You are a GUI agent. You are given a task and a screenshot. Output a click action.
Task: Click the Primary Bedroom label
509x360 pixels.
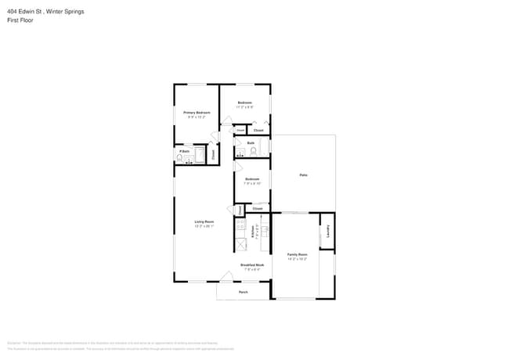point(197,113)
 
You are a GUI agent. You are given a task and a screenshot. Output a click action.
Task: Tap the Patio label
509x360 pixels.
point(303,175)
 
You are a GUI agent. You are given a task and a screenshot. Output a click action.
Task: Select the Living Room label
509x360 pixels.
point(204,223)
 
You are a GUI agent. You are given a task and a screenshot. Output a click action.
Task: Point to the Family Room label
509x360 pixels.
point(298,255)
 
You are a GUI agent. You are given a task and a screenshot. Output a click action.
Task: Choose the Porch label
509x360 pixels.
point(243,292)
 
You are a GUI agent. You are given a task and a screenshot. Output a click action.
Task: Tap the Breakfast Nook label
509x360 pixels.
point(251,266)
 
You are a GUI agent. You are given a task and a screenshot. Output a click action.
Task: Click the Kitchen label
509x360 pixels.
point(253,231)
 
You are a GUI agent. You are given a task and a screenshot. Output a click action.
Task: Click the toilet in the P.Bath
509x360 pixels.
point(180,158)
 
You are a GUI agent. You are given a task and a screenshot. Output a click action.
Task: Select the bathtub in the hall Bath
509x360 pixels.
point(265,146)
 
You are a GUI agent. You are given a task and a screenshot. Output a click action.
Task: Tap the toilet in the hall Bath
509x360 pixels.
point(253,151)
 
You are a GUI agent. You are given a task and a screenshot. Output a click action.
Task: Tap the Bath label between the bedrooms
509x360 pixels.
point(251,142)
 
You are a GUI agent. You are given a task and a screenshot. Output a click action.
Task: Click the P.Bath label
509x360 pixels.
point(184,150)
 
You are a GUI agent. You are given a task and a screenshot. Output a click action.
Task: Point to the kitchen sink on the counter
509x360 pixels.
point(265,231)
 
